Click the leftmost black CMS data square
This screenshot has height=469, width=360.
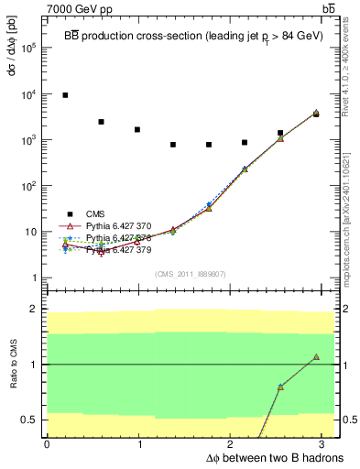(x=65, y=95)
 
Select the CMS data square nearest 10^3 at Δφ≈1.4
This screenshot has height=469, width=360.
(x=173, y=145)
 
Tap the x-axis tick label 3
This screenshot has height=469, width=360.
(x=325, y=444)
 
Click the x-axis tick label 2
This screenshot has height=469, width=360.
(x=232, y=444)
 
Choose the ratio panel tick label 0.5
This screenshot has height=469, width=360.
(x=31, y=420)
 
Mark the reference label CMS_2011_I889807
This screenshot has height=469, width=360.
(x=191, y=274)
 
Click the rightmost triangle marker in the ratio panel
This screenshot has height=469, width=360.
(x=316, y=357)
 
